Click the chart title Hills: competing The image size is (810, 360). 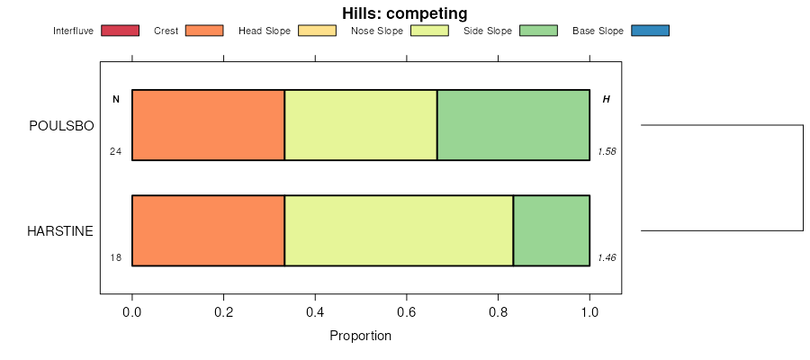[404, 13]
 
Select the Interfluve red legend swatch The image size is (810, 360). [121, 31]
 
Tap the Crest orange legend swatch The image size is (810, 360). [204, 31]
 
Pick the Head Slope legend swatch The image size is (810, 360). [317, 31]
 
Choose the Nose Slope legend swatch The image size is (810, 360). [429, 31]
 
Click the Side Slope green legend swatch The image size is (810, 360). [539, 31]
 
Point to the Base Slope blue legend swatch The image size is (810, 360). [651, 31]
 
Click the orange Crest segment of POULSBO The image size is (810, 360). [208, 125]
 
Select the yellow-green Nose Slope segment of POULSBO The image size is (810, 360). [361, 125]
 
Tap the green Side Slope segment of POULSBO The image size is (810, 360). [513, 125]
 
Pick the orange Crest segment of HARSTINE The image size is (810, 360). [208, 230]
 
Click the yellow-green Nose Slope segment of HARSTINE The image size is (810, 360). [399, 230]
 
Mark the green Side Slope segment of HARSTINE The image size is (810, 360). [551, 230]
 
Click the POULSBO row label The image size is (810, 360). [61, 126]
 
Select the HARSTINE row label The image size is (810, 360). [60, 231]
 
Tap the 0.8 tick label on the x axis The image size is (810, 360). [498, 312]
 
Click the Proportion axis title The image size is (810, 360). [360, 337]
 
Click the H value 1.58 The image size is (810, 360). [607, 151]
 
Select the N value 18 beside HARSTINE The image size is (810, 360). [115, 257]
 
